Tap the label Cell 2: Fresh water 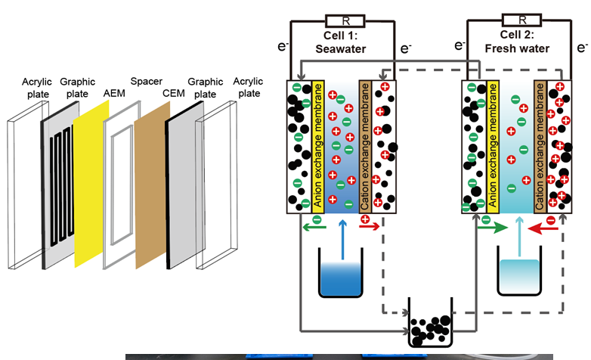[518, 43]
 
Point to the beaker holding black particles [429, 325]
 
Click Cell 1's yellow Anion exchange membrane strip [318, 144]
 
